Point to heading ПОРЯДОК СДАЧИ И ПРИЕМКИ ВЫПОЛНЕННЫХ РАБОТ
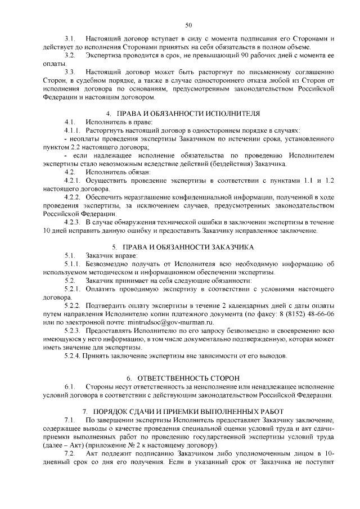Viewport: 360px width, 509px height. click(x=188, y=411)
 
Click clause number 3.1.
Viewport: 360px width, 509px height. click(x=70, y=38)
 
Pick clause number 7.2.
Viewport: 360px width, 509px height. click(x=70, y=453)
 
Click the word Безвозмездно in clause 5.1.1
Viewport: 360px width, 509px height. click(x=109, y=264)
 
